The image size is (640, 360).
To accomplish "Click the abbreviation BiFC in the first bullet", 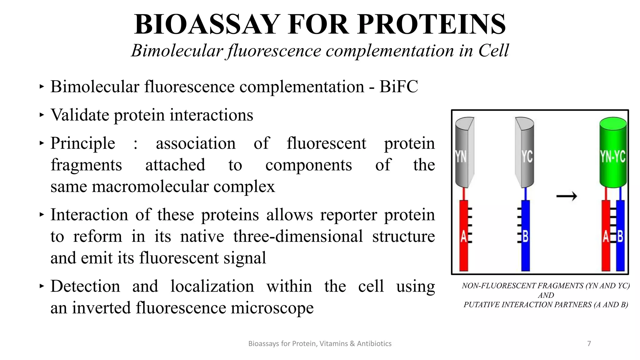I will (398, 87).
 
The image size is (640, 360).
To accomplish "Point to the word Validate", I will (80, 115).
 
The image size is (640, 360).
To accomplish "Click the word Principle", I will (83, 143).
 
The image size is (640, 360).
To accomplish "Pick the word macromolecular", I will (150, 187).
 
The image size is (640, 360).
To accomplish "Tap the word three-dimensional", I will (298, 236).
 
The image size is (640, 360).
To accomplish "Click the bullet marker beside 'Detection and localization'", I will (42, 286).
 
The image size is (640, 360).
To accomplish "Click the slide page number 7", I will (589, 344).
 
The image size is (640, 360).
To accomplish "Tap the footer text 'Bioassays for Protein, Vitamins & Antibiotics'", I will (320, 344).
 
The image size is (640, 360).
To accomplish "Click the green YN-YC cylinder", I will (613, 153).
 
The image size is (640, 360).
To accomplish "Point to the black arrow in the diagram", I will (567, 196).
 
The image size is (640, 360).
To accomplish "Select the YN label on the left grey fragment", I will (461, 157).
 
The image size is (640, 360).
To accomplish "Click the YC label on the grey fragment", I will (527, 157).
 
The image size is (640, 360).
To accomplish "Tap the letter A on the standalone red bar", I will (463, 237).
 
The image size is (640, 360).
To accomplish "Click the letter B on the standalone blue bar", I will (525, 237).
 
